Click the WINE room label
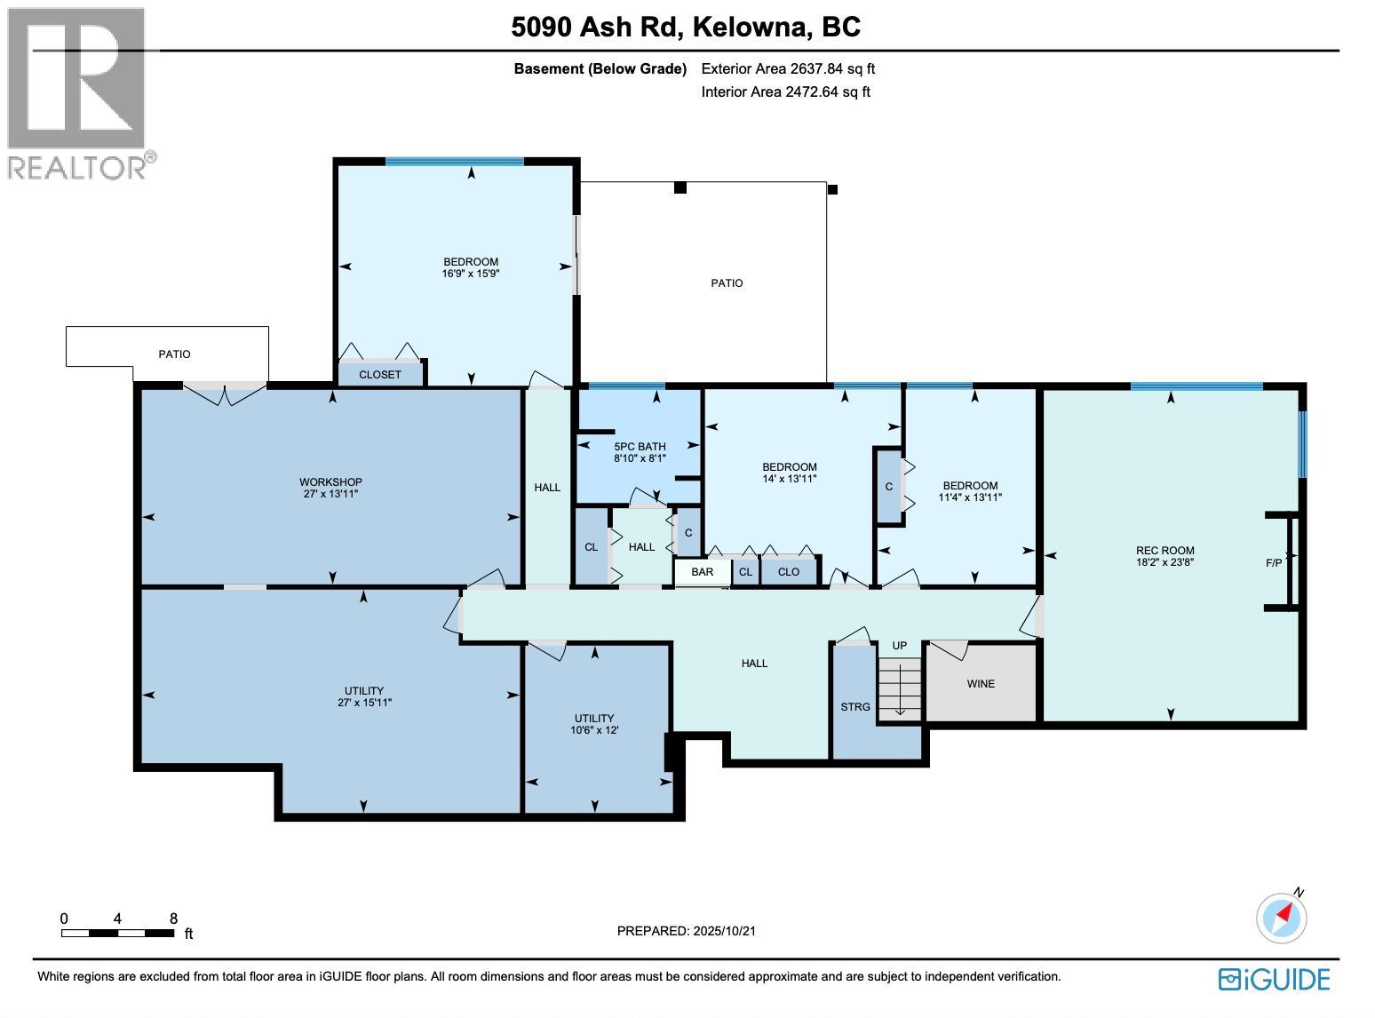[981, 684]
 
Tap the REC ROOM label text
[1164, 551]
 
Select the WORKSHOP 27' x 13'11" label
[330, 488]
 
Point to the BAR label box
[702, 572]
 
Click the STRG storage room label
[855, 707]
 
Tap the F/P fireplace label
[1274, 563]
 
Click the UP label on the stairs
[900, 646]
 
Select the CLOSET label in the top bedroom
[380, 375]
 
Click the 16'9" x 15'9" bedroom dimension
[471, 274]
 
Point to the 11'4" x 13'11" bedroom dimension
[970, 497]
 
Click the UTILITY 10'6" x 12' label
[594, 724]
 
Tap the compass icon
[1281, 917]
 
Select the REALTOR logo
[78, 91]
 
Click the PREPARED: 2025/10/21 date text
[686, 931]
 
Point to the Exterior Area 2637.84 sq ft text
[788, 68]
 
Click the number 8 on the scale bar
[174, 919]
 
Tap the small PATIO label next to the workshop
[174, 354]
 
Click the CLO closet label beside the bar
[788, 572]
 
